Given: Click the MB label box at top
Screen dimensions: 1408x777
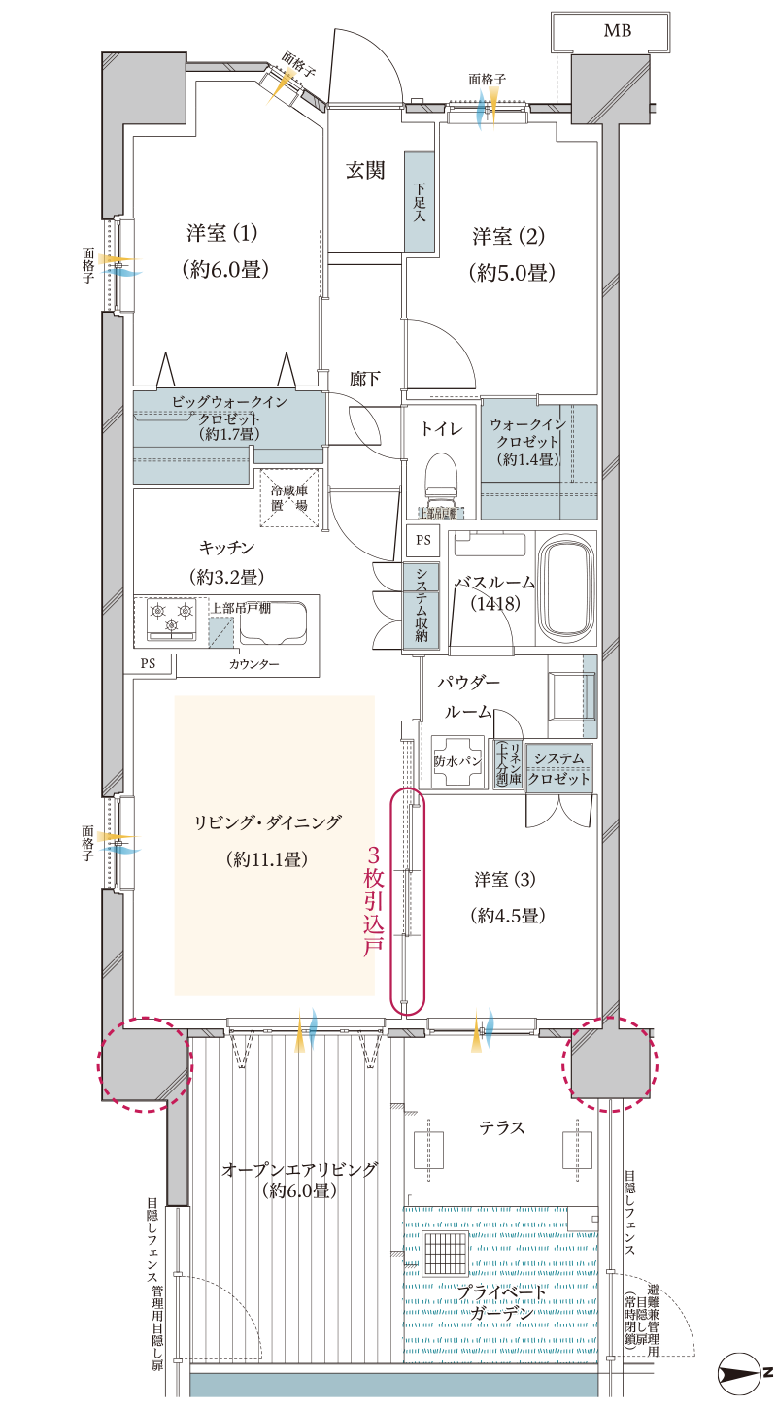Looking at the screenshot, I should (x=617, y=32).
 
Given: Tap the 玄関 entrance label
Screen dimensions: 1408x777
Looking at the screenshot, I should (x=365, y=171).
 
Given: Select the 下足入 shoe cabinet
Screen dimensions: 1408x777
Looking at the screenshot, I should (x=419, y=203).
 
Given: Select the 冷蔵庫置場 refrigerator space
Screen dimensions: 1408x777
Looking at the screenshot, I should (x=288, y=499).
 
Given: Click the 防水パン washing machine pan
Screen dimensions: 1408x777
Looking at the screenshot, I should (x=457, y=761).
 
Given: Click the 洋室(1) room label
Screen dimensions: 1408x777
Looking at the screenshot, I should (x=222, y=234).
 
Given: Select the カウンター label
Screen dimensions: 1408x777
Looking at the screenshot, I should (x=254, y=665).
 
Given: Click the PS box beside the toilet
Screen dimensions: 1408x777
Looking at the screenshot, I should (x=422, y=540).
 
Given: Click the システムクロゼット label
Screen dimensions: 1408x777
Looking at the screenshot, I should (x=561, y=767).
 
